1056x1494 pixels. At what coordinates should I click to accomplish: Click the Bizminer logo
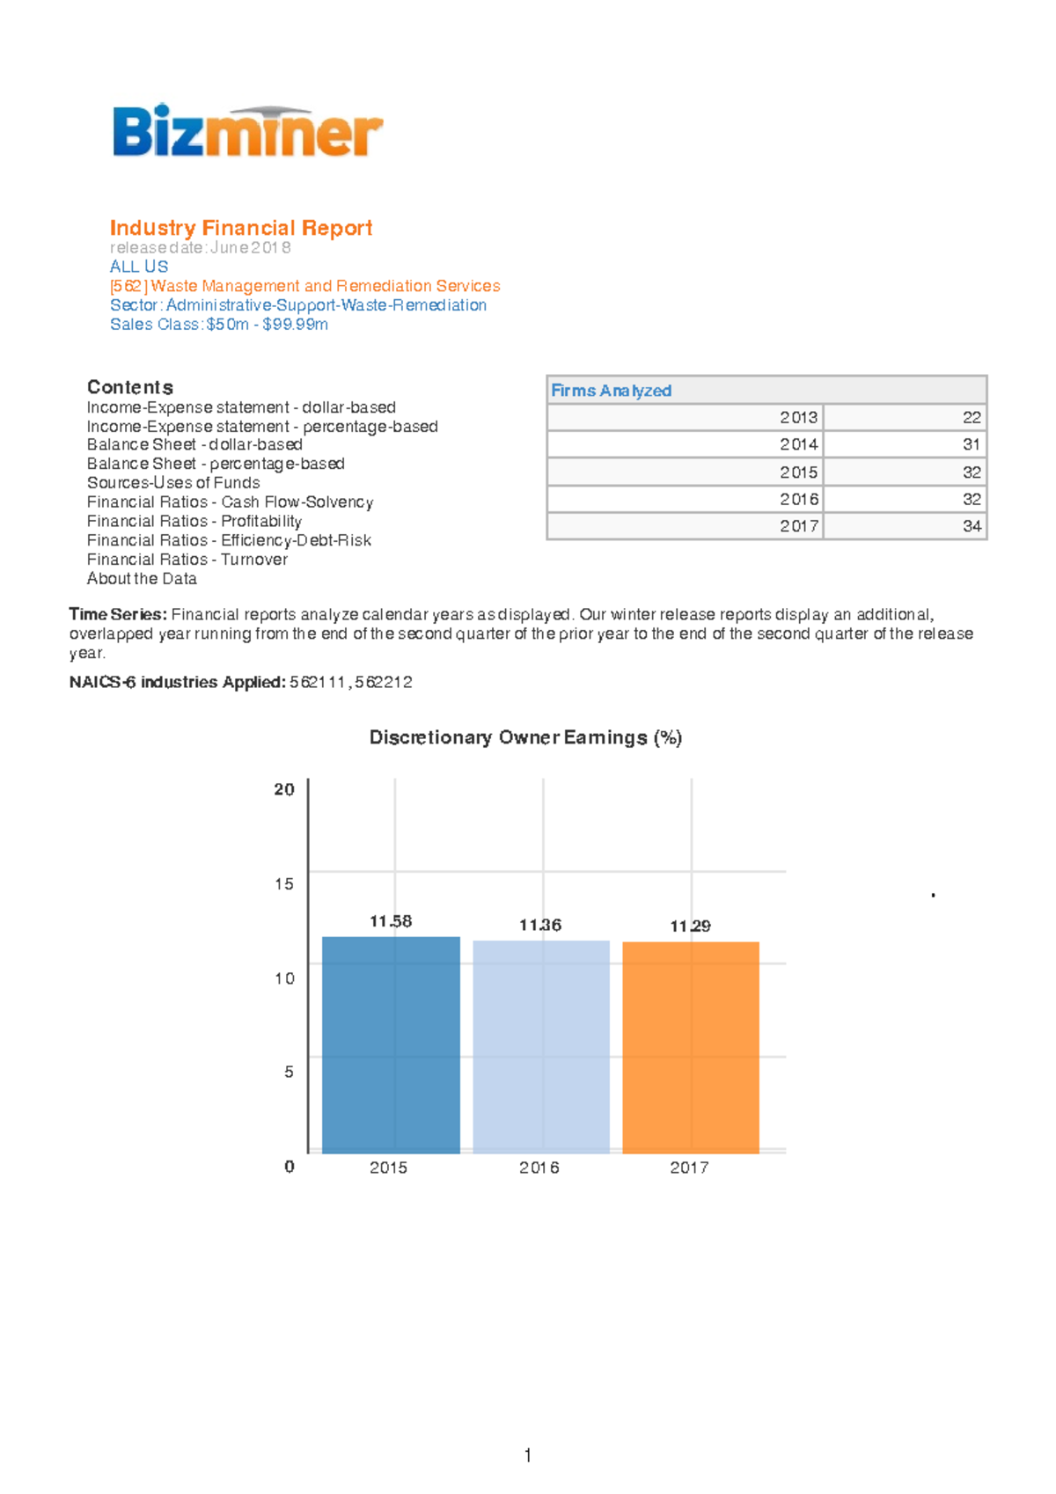pyautogui.click(x=247, y=132)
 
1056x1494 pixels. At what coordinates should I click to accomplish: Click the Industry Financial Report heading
pyautogui.click(x=241, y=228)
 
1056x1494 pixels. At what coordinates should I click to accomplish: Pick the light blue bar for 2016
pyautogui.click(x=540, y=1046)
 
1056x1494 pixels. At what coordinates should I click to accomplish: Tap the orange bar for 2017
pyautogui.click(x=691, y=1047)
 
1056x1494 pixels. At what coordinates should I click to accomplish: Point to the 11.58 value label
pyautogui.click(x=391, y=921)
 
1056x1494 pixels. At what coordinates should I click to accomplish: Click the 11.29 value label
pyautogui.click(x=690, y=926)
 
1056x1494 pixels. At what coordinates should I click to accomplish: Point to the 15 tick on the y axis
pyautogui.click(x=284, y=883)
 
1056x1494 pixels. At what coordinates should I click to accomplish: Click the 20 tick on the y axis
pyautogui.click(x=284, y=789)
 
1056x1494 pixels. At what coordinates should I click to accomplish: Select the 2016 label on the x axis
pyautogui.click(x=539, y=1168)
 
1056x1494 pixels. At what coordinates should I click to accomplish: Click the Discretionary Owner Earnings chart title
pyautogui.click(x=525, y=737)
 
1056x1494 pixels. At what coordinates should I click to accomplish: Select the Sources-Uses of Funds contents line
pyautogui.click(x=173, y=483)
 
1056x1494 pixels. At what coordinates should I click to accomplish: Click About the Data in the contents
pyautogui.click(x=142, y=579)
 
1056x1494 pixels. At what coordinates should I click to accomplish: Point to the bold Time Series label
pyautogui.click(x=118, y=614)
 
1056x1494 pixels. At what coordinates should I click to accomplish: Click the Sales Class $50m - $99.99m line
pyautogui.click(x=219, y=325)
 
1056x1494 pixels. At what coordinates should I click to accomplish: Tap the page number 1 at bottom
pyautogui.click(x=527, y=1455)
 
